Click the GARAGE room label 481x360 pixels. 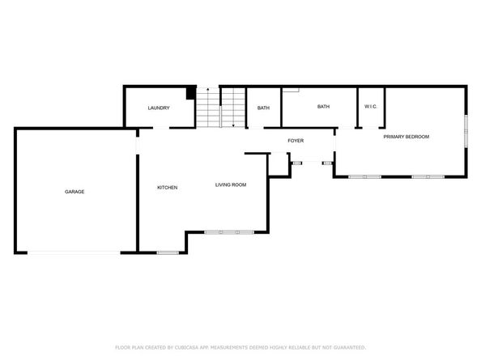coord(74,192)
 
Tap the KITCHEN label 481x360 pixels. coord(167,188)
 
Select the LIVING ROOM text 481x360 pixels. coord(230,185)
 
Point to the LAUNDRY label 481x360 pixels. coord(158,108)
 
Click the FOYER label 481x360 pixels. coord(296,141)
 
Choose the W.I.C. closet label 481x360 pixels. coord(371,107)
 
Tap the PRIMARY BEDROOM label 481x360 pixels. coord(406,137)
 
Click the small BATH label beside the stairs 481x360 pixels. coord(263,108)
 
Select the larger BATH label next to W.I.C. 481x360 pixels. coord(323,107)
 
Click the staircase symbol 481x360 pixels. coord(220,107)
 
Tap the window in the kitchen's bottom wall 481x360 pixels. coord(167,253)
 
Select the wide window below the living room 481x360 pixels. coord(228,232)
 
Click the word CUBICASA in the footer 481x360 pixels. coord(191,346)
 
